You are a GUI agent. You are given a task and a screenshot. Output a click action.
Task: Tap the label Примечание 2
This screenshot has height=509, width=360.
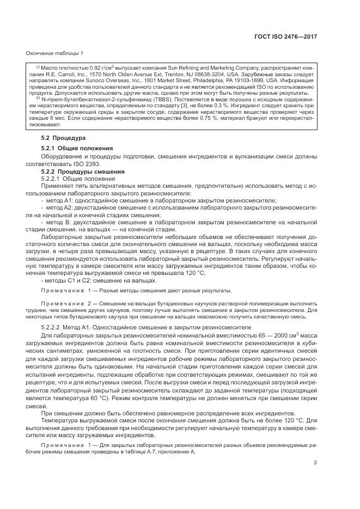click(x=65, y=302)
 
